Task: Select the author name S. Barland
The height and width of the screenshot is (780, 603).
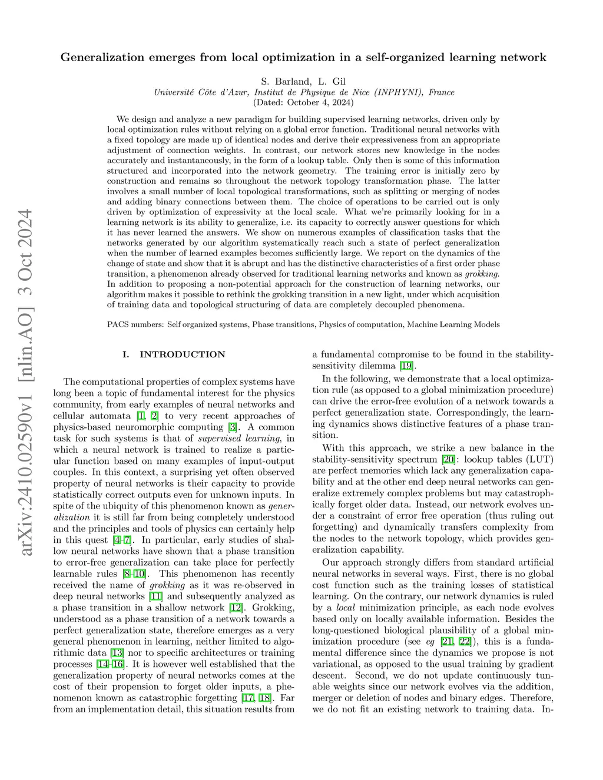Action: point(286,81)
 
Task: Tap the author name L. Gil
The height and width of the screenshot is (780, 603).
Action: point(332,81)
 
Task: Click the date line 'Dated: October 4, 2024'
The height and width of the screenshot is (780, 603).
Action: point(303,102)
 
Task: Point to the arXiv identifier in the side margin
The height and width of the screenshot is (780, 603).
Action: point(26,383)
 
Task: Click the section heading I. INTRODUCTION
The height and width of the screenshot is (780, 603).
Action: point(174,354)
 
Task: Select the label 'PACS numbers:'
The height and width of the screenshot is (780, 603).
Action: point(135,324)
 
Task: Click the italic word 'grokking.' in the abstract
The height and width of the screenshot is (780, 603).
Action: point(482,274)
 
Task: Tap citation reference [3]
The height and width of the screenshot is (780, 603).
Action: point(233,427)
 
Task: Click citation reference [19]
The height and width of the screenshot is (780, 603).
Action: point(406,366)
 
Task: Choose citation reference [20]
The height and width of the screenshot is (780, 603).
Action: point(449,459)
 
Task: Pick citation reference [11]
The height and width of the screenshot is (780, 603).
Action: point(156,596)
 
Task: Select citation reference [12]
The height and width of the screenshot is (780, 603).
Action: point(236,608)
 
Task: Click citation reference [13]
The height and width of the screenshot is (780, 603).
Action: point(117,652)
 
